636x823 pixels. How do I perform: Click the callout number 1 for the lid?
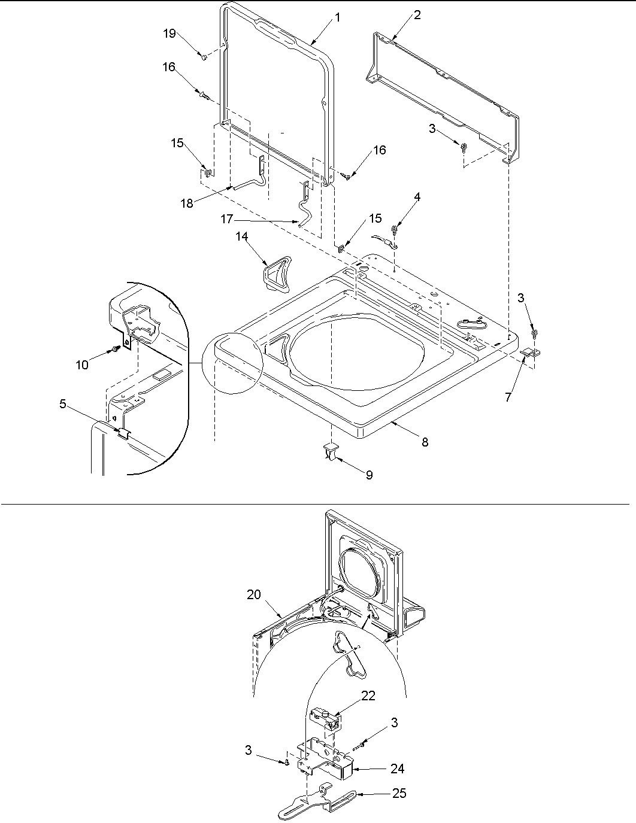[337, 18]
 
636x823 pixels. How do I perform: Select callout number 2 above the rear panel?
[417, 15]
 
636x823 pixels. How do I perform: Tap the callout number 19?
[169, 34]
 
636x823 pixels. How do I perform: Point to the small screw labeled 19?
[204, 56]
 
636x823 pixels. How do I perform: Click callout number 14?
[241, 237]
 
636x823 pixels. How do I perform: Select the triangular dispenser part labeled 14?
[276, 272]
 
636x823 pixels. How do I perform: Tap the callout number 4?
[416, 197]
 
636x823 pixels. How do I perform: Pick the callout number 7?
[508, 397]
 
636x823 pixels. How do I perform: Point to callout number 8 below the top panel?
[424, 442]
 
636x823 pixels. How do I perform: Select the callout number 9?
[369, 475]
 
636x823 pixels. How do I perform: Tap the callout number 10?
[82, 364]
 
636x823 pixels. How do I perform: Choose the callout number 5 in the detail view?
[63, 404]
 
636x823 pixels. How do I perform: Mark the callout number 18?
[187, 203]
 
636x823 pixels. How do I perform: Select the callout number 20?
[254, 594]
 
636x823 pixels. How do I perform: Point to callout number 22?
[368, 696]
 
